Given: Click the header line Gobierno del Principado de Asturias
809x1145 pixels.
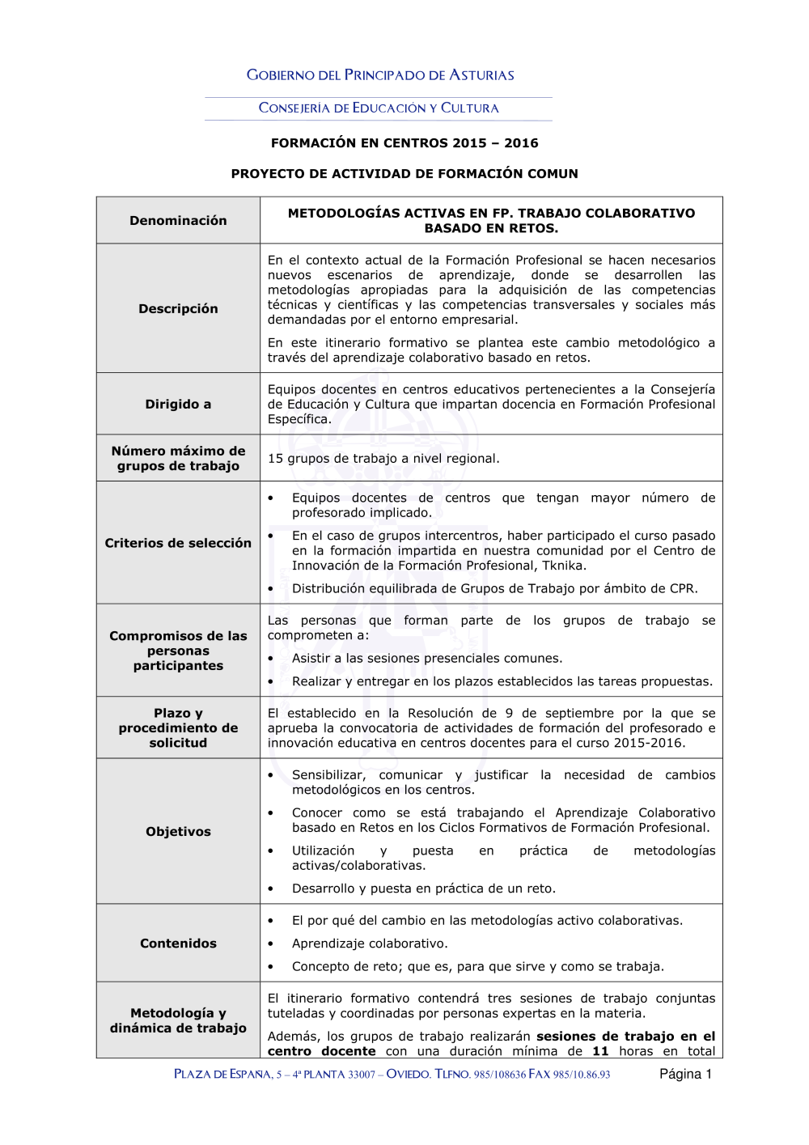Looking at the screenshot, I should click(x=380, y=75).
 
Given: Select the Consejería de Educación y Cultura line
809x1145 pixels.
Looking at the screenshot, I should click(x=379, y=108).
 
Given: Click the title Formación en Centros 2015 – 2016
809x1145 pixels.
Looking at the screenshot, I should click(x=404, y=143).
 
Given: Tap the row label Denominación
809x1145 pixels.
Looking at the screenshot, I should click(x=178, y=221).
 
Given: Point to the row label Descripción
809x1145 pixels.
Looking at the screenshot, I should click(x=178, y=308).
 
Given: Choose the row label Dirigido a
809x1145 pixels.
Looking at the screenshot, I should click(x=178, y=404).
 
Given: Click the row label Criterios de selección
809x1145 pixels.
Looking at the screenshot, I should click(x=178, y=543).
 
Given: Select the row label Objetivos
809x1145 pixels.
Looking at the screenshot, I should click(x=178, y=831).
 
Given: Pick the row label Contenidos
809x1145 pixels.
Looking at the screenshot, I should click(x=178, y=943).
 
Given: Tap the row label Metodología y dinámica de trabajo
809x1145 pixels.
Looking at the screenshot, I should click(x=178, y=1020).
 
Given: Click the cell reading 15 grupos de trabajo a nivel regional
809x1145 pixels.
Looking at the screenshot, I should click(x=383, y=459).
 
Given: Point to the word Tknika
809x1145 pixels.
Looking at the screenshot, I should click(x=564, y=566).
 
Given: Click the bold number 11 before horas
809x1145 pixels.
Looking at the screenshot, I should click(x=600, y=1051).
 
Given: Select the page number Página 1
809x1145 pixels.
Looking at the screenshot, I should click(x=685, y=1074).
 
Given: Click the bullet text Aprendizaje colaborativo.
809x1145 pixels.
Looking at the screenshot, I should click(x=370, y=944).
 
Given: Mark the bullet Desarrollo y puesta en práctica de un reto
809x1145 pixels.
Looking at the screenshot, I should click(x=424, y=888).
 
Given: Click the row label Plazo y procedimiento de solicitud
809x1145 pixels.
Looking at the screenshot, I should click(x=178, y=727).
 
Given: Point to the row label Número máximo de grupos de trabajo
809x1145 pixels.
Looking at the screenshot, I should click(x=178, y=458).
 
